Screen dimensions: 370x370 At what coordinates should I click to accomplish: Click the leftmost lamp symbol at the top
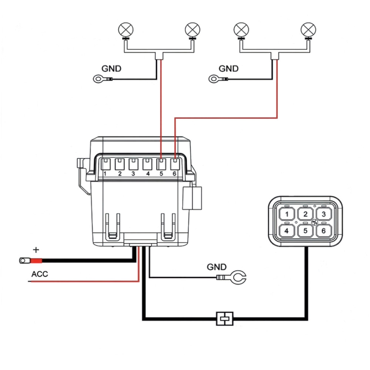pos(125,30)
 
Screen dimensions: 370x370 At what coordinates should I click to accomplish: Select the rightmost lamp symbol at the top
pos(308,30)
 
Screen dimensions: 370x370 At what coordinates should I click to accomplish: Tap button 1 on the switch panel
pos(287,214)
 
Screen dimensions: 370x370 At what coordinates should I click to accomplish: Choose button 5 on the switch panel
pos(305,231)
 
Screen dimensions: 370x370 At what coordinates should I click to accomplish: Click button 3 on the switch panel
pos(324,214)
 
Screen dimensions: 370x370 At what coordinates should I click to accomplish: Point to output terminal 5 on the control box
pos(161,164)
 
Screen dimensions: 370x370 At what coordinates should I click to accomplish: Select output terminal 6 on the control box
pos(175,164)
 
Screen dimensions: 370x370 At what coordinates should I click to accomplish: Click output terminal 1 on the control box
pos(106,164)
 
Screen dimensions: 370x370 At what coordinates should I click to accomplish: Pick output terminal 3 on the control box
pos(133,164)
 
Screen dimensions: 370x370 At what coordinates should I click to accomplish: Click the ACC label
pos(40,274)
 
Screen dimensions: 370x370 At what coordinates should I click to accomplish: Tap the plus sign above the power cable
pos(36,250)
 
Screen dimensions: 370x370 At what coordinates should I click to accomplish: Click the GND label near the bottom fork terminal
pos(216,267)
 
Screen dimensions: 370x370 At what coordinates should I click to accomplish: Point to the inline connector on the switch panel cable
pos(225,319)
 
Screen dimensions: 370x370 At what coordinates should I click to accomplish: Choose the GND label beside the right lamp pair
pos(228,69)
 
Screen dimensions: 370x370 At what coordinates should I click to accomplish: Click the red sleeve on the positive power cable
pos(36,261)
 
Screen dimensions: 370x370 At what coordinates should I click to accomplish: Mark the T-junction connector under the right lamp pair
pos(275,56)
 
